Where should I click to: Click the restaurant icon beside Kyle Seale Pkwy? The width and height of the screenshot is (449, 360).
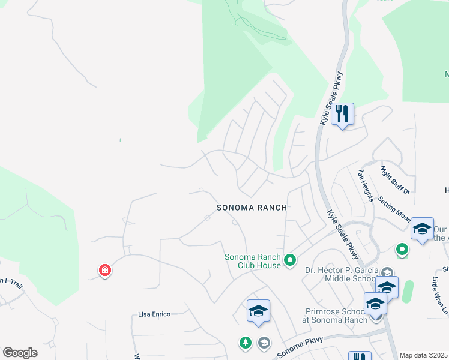(x=342, y=113)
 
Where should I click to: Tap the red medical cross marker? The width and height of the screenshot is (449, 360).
(x=105, y=271)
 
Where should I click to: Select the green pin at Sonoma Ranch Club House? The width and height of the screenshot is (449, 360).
(x=291, y=260)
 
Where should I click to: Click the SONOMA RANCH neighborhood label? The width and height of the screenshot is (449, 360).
(x=252, y=207)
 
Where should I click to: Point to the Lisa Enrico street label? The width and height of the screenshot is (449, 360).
(x=154, y=314)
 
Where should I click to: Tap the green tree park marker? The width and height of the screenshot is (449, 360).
(x=245, y=343)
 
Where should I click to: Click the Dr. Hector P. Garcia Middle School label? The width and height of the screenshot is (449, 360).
(x=341, y=274)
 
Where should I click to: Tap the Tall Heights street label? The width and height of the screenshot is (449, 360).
(x=366, y=185)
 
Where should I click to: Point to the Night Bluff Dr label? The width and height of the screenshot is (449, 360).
(x=395, y=180)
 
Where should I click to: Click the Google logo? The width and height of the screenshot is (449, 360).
(x=20, y=353)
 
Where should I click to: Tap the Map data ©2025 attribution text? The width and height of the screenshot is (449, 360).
(x=423, y=355)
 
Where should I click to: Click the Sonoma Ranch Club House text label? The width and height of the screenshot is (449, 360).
(x=252, y=261)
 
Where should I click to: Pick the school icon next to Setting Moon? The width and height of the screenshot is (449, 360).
(x=422, y=229)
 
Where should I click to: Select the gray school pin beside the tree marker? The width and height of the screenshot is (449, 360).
(x=263, y=343)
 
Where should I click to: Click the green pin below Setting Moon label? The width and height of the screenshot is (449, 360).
(x=402, y=248)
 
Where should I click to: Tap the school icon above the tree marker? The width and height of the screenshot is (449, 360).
(x=258, y=311)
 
